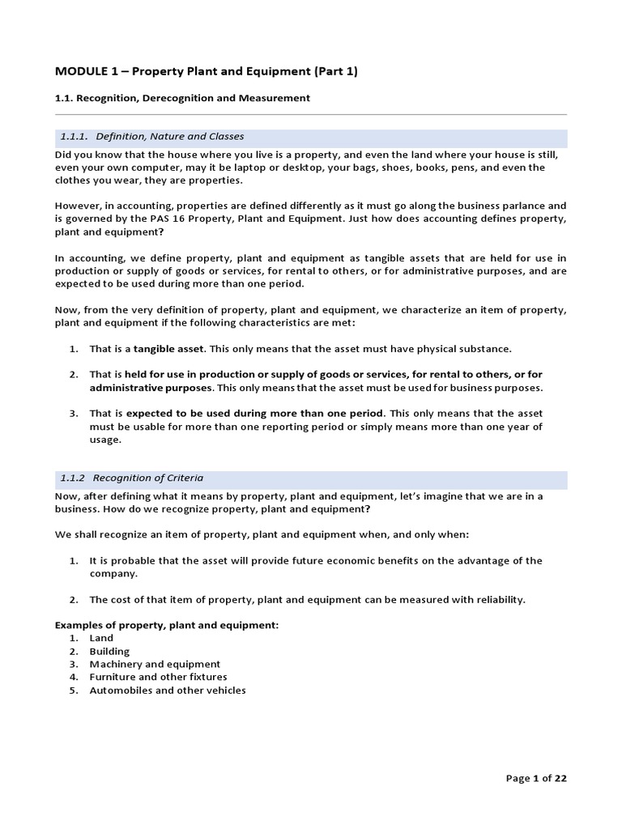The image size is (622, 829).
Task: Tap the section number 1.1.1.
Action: tap(74, 137)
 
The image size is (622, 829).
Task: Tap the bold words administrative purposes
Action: tap(151, 388)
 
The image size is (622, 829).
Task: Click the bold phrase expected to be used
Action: tap(171, 414)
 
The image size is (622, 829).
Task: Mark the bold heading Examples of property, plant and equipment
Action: tap(166, 625)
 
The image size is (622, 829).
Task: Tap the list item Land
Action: tap(101, 638)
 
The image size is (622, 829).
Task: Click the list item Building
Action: tap(109, 651)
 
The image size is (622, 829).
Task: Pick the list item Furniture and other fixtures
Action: tap(158, 677)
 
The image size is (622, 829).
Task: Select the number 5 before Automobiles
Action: tap(73, 691)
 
